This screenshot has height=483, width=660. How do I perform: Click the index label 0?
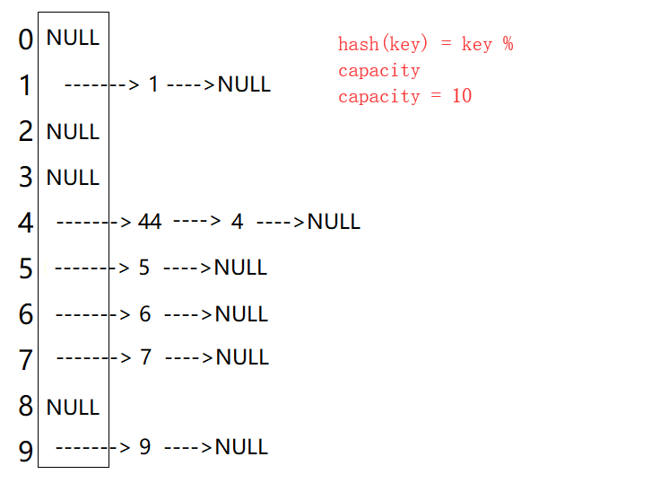(x=25, y=40)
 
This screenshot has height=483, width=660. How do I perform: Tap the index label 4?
(x=25, y=223)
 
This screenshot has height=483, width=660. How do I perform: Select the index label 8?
(x=25, y=407)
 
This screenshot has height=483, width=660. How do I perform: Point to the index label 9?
(x=25, y=448)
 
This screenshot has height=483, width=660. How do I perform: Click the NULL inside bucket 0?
(x=73, y=39)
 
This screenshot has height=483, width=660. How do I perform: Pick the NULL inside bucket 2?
(x=73, y=132)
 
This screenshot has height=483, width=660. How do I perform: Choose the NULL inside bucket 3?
(x=73, y=178)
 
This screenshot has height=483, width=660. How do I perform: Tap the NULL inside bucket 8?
(x=73, y=408)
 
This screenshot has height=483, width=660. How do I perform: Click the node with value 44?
(x=150, y=222)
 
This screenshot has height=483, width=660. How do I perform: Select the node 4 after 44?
(x=237, y=222)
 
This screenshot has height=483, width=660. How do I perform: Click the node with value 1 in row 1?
(x=153, y=85)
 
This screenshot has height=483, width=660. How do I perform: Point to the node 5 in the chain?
(x=144, y=268)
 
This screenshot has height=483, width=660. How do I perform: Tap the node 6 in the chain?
(x=144, y=313)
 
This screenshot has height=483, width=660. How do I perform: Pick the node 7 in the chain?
(x=146, y=357)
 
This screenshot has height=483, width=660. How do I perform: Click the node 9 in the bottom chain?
(x=144, y=447)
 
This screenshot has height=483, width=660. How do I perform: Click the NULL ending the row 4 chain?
(x=334, y=222)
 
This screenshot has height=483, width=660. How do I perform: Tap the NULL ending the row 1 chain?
(x=244, y=85)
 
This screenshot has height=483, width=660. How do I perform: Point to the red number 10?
(x=461, y=96)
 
